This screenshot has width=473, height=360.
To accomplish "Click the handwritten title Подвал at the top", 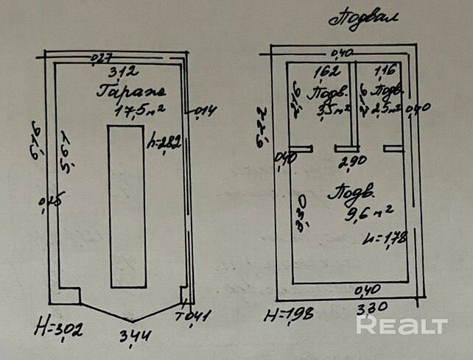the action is (x=363, y=18).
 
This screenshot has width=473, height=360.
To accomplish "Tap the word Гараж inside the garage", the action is (x=132, y=93).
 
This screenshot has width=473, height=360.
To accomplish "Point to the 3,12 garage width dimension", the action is (x=121, y=72).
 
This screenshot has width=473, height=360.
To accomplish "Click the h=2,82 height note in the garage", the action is (x=164, y=142).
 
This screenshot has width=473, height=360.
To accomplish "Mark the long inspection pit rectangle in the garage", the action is (x=126, y=206).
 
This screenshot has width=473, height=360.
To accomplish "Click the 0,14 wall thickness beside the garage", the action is (x=205, y=111).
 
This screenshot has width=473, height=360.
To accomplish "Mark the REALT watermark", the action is (x=402, y=325).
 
